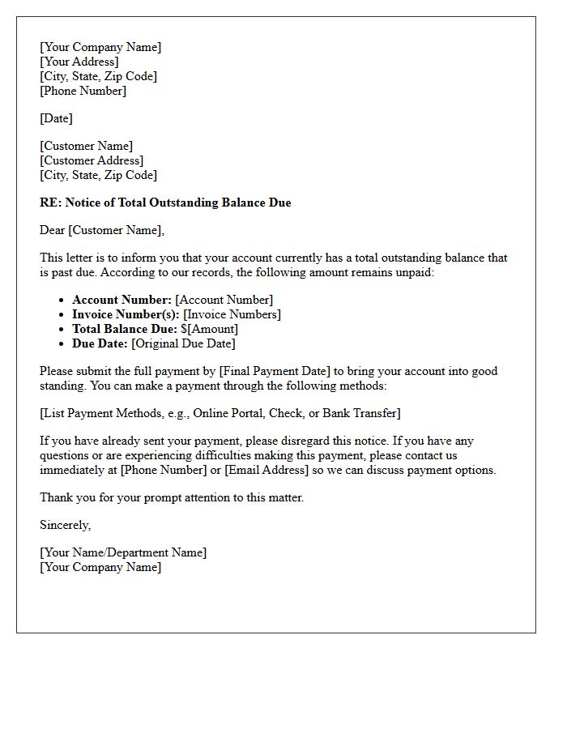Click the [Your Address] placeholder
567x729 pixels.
point(79,62)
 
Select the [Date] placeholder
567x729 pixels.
point(56,118)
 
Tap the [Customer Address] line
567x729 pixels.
point(92,160)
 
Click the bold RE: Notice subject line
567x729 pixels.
point(165,202)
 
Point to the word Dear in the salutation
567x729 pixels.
point(53,230)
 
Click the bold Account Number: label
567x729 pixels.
point(122,300)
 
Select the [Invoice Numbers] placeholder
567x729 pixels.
point(232,314)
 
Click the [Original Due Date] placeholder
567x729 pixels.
point(183,343)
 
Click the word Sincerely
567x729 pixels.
point(66,525)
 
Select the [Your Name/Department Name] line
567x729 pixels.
point(123,552)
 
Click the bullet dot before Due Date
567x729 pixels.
point(62,344)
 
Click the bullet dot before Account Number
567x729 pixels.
point(62,301)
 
